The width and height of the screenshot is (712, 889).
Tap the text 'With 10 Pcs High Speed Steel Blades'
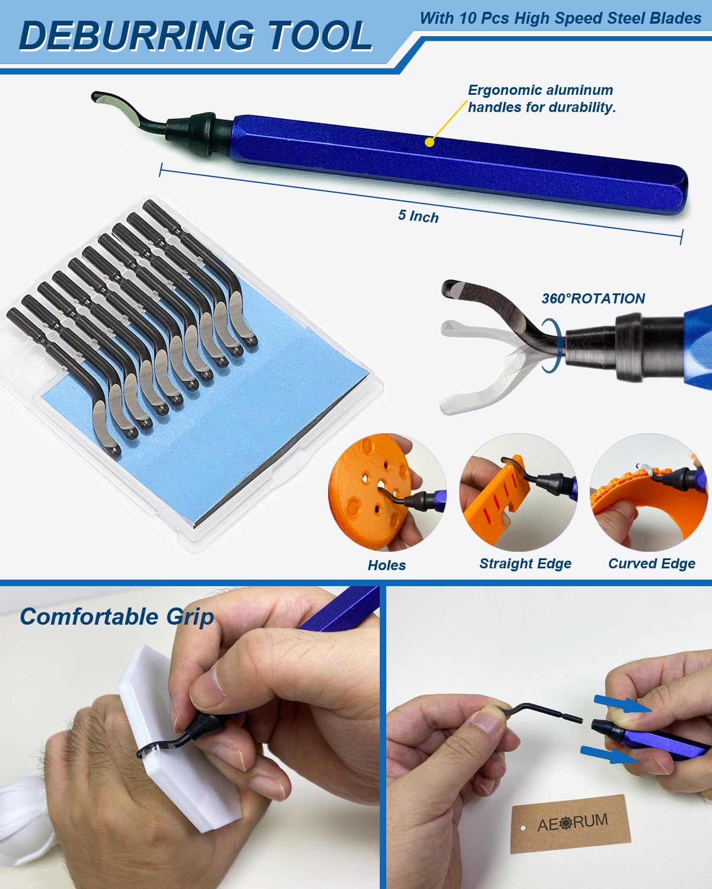tap(560, 18)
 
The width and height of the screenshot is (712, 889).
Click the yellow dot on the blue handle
tap(430, 142)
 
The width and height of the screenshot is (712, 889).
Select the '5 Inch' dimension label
tap(418, 216)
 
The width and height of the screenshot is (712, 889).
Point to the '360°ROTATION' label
tap(593, 298)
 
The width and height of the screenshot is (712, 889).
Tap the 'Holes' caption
tap(386, 565)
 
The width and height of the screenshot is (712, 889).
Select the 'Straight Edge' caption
tap(525, 564)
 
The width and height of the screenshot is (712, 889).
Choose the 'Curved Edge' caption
tap(651, 564)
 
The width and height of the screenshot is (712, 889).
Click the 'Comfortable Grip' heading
tap(117, 617)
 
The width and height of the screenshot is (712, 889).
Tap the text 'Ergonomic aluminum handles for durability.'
tap(541, 98)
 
